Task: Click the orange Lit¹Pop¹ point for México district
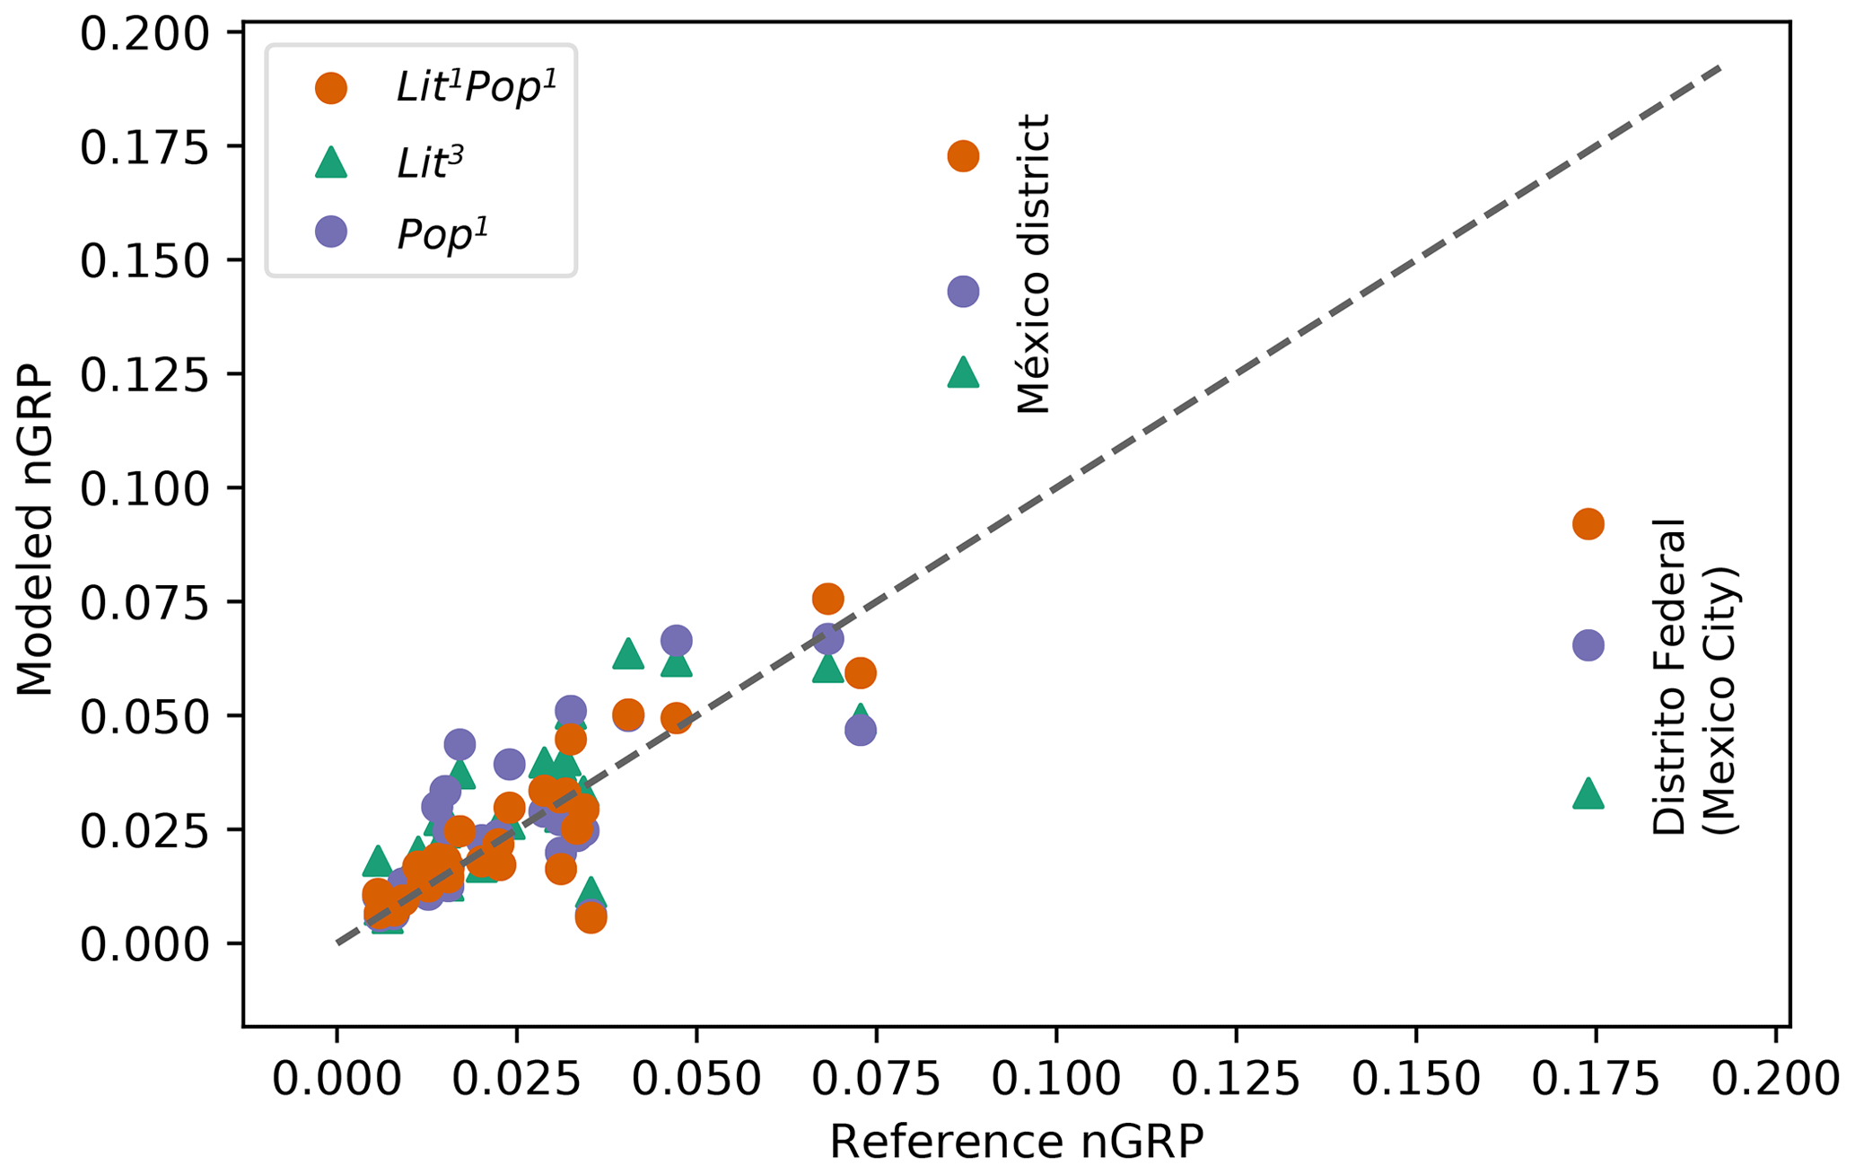click(x=962, y=156)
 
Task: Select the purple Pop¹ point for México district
click(x=962, y=291)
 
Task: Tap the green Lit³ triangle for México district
click(x=962, y=372)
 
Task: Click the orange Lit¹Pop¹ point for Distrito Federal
click(x=1588, y=524)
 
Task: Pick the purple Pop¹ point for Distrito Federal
click(x=1588, y=644)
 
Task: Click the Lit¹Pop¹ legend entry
click(x=476, y=87)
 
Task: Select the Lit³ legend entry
click(x=430, y=162)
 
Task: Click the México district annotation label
click(x=1033, y=264)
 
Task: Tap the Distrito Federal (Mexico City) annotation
click(x=1693, y=677)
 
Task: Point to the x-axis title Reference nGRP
click(x=1015, y=1143)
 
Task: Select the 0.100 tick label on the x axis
click(x=1056, y=1080)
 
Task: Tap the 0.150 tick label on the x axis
click(x=1415, y=1080)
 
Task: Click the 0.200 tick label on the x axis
click(x=1775, y=1080)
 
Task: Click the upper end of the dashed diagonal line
click(x=1718, y=68)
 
